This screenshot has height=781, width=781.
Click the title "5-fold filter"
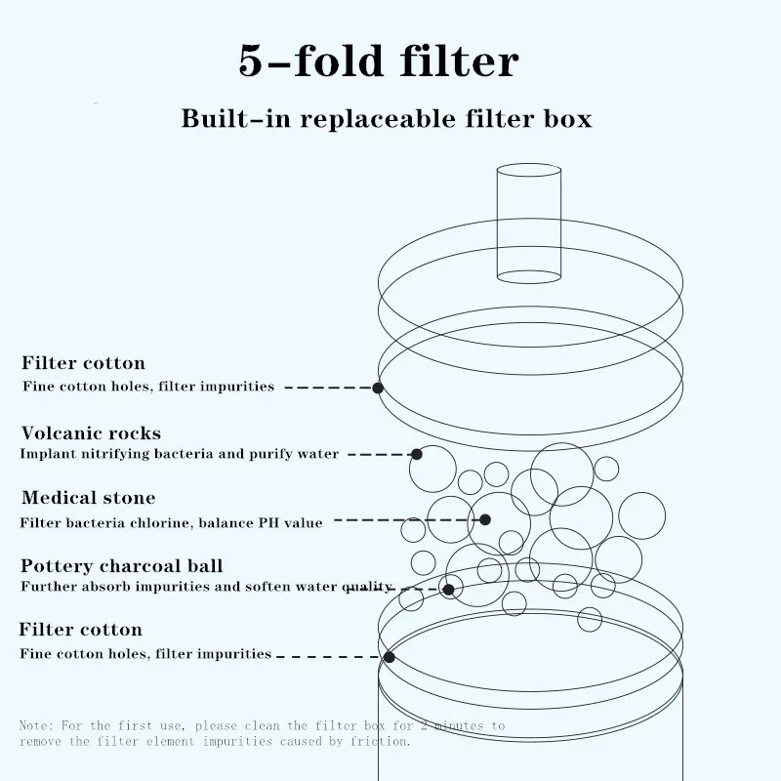(379, 62)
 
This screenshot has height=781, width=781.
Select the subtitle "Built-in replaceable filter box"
(387, 119)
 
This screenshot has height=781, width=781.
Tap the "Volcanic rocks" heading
(91, 432)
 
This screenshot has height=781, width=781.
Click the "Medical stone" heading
(88, 499)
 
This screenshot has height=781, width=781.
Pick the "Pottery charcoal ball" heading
(122, 566)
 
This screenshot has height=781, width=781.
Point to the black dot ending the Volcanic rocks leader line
(417, 454)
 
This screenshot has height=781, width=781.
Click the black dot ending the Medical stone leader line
(485, 519)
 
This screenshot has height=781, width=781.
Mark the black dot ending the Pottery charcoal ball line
(449, 589)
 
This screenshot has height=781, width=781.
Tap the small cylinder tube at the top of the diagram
(529, 224)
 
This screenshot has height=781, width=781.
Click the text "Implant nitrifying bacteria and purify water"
(180, 454)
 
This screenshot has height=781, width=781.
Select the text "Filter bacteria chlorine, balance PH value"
(171, 522)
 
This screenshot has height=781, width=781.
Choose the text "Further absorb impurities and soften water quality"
(206, 587)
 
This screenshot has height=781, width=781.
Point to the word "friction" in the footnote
(384, 741)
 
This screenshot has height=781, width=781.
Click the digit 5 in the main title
(253, 62)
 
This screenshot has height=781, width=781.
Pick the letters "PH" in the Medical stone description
(268, 522)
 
